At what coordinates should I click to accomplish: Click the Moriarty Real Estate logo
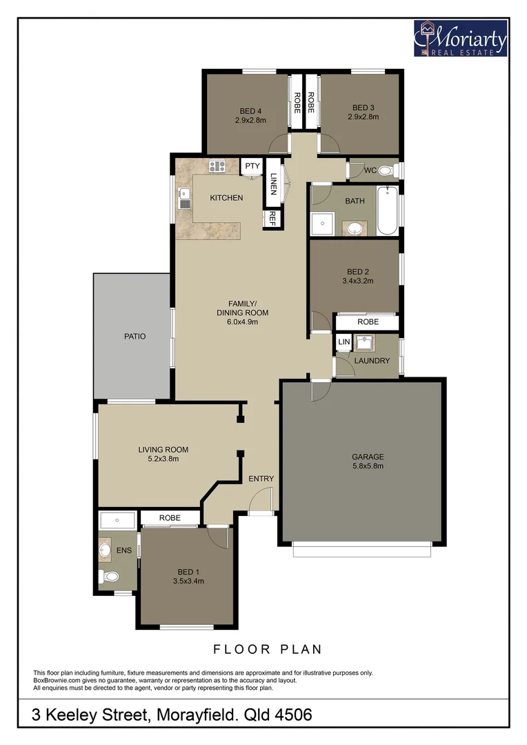(x=460, y=39)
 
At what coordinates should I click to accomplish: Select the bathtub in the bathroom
(x=388, y=210)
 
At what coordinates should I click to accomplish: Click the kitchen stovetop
(x=218, y=166)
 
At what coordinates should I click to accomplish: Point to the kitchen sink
(x=185, y=198)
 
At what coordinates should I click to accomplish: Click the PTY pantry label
(x=252, y=166)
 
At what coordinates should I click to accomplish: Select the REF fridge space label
(x=272, y=219)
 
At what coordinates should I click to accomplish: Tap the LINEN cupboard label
(x=273, y=183)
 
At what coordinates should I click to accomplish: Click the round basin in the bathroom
(x=356, y=228)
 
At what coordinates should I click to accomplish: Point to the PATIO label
(x=135, y=336)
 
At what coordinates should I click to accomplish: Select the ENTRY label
(x=261, y=479)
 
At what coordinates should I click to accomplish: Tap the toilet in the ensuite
(x=110, y=575)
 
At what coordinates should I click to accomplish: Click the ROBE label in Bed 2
(x=367, y=322)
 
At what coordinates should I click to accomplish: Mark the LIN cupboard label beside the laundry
(x=344, y=342)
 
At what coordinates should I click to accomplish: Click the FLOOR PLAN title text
(x=268, y=649)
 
